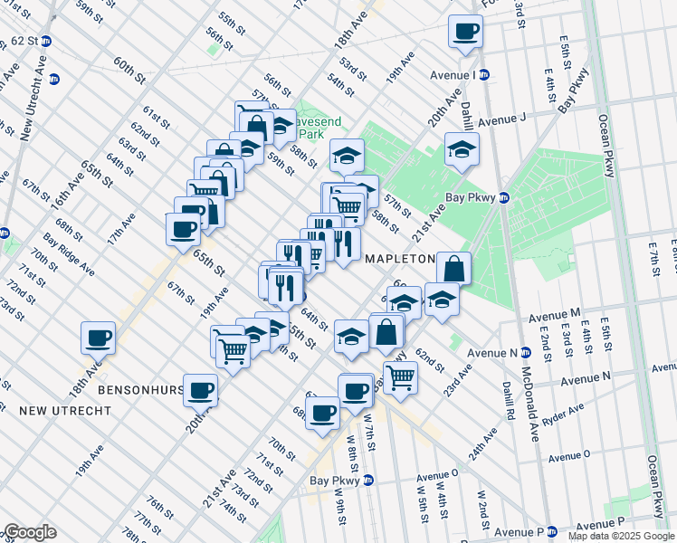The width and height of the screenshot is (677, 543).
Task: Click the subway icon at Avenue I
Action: coord(484,75)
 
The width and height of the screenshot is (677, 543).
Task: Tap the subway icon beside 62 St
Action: coord(45,42)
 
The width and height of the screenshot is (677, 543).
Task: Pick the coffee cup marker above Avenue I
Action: coord(466,33)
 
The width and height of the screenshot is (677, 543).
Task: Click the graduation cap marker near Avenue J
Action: coord(462,150)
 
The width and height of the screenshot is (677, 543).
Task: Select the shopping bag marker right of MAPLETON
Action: coord(453,269)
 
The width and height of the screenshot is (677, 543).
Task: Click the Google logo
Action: coord(30,532)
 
